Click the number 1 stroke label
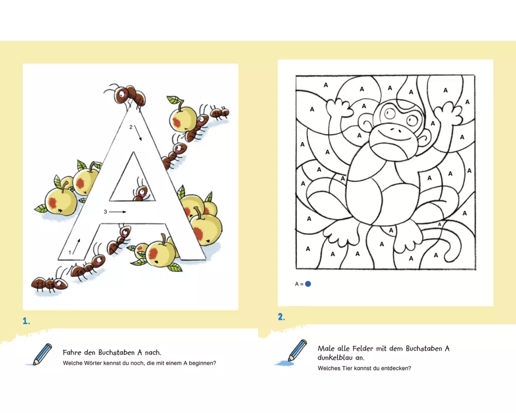coord(70,252)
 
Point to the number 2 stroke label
coord(131,127)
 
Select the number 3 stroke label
coord(105,212)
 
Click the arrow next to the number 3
coord(118,212)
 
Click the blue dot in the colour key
coord(308,284)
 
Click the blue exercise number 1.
coord(26,321)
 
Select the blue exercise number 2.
coord(281,317)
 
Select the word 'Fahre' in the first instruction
coord(72,353)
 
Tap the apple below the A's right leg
coord(160,252)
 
